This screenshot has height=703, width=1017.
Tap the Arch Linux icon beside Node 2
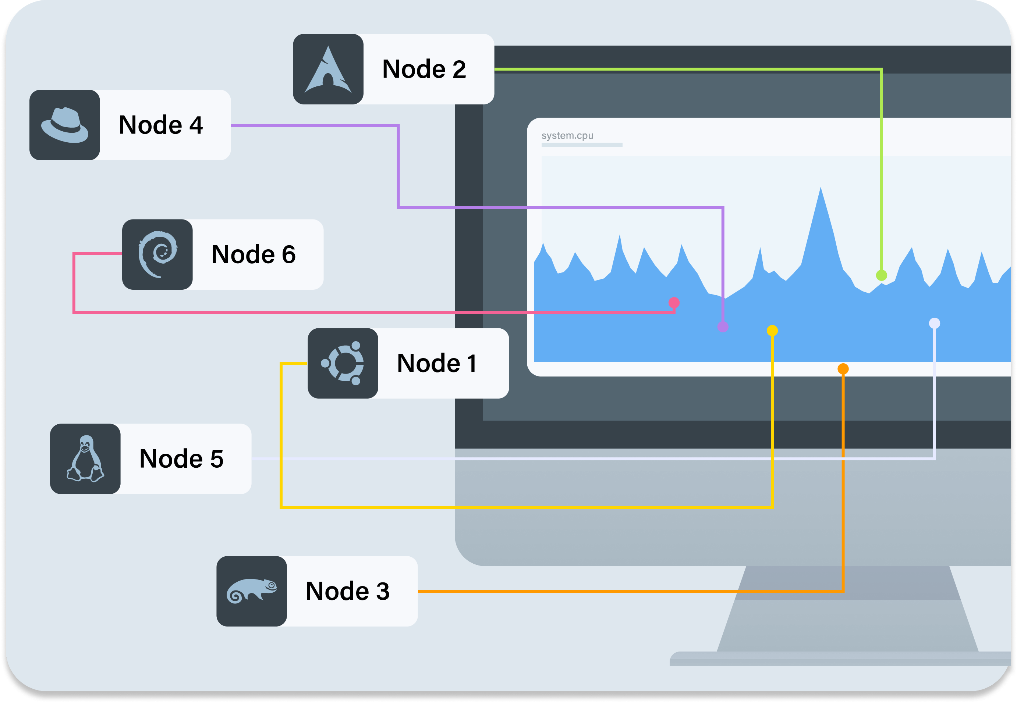click(328, 69)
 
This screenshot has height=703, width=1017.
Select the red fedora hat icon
click(65, 125)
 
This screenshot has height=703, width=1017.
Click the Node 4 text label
click(160, 125)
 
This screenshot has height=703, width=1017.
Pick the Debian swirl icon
click(157, 254)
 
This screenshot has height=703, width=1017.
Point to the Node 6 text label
click(254, 254)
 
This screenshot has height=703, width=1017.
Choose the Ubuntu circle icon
click(343, 363)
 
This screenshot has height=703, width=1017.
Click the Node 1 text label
click(436, 363)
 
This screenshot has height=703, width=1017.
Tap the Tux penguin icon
click(85, 459)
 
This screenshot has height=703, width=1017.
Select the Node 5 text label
click(181, 459)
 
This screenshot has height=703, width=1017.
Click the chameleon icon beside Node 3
click(252, 591)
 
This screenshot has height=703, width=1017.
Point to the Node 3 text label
click(347, 591)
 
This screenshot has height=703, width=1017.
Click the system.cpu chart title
click(567, 136)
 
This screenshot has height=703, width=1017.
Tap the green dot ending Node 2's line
click(881, 275)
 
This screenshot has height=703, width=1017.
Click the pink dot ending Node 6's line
click(674, 303)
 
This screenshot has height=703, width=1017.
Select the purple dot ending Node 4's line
click(723, 327)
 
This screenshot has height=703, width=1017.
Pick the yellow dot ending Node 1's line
click(772, 330)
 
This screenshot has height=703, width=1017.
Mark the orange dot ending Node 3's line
click(843, 369)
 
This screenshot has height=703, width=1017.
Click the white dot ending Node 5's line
click(935, 323)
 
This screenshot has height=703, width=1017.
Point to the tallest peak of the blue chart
click(821, 189)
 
